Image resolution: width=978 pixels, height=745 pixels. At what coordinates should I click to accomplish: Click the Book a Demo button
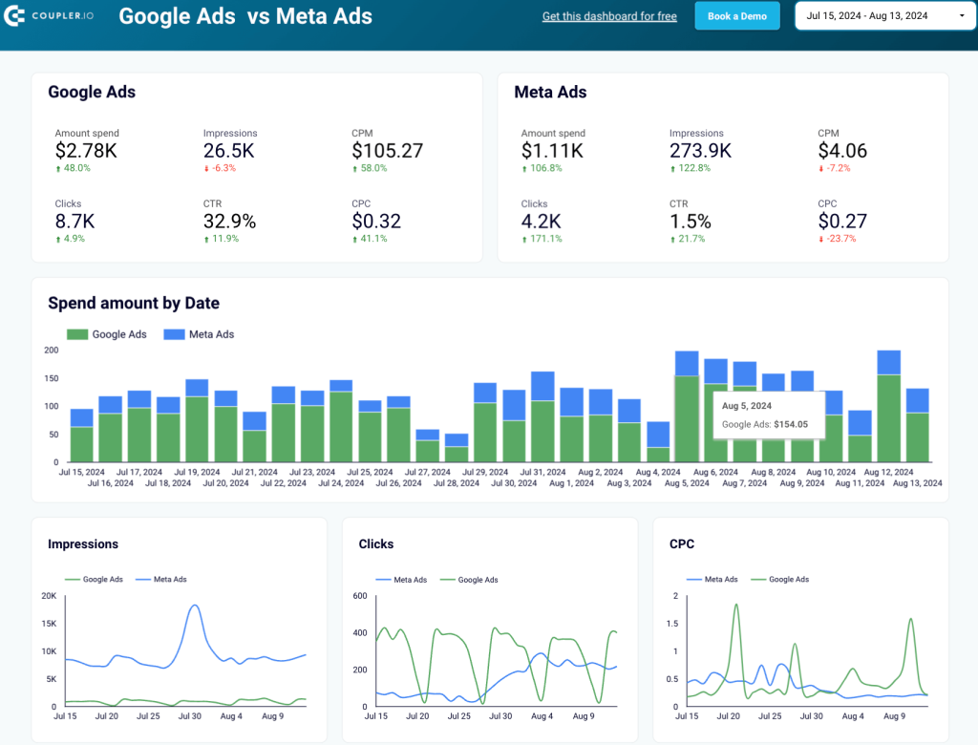coord(736,16)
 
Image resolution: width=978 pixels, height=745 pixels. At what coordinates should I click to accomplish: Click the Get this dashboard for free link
coord(609,16)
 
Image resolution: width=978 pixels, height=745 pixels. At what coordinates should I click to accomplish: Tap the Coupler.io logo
coord(52,16)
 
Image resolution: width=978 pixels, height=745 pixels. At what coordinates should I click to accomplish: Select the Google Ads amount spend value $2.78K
coord(86,151)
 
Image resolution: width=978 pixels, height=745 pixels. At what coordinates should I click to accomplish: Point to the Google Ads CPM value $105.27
coord(387,151)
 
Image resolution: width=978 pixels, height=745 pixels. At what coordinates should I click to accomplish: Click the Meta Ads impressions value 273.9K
coord(700,151)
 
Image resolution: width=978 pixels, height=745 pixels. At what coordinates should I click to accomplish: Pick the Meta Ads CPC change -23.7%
coord(838,239)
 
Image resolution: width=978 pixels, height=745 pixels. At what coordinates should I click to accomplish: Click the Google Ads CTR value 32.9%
coord(229,222)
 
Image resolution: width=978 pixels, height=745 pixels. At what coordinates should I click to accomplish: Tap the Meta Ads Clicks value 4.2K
coord(541,222)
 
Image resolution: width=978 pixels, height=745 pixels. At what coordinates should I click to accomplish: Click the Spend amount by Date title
coord(134,304)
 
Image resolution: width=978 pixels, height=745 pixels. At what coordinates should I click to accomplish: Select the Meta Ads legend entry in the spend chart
coord(200,334)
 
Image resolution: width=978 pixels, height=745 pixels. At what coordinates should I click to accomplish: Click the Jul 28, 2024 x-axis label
coord(457,483)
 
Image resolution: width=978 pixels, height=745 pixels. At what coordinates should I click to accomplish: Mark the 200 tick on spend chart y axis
coord(52,351)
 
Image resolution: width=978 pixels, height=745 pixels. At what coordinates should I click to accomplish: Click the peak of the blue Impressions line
coord(195,606)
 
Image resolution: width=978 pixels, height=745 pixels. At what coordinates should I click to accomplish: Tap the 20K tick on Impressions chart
coord(48,596)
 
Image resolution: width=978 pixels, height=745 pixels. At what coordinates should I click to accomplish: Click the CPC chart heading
coord(682,544)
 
